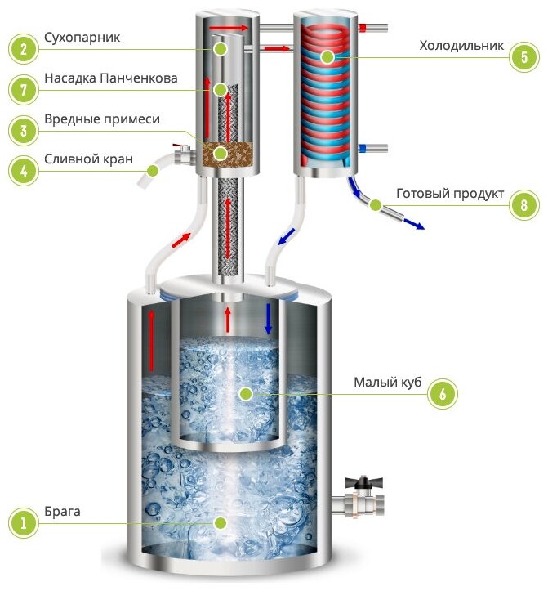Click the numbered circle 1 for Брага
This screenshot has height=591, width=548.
tap(25, 521)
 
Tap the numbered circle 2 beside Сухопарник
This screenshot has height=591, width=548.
tap(25, 49)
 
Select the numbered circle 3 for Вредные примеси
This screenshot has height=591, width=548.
tap(25, 130)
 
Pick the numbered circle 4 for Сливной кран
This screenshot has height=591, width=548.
tap(25, 170)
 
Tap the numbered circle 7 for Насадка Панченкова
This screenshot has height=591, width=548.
tap(25, 89)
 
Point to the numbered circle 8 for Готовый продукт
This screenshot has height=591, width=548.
tap(520, 204)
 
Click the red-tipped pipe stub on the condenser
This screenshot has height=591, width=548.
tap(380, 29)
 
